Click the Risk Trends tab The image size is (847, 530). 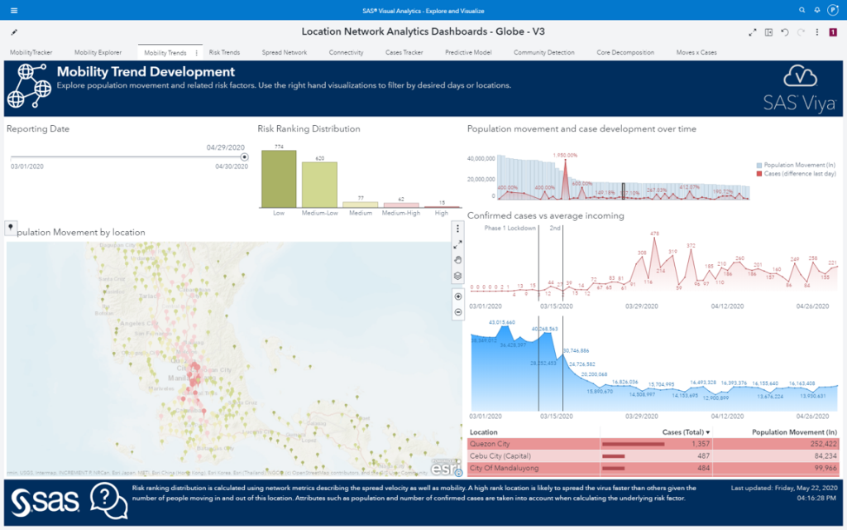(x=224, y=52)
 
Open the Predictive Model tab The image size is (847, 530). (x=468, y=52)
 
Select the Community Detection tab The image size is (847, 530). (x=543, y=52)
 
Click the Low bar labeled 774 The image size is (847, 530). (x=278, y=178)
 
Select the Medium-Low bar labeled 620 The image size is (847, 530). (x=318, y=184)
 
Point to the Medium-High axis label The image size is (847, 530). (x=401, y=213)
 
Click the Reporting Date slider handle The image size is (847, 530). (x=244, y=157)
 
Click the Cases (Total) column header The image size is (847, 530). (x=686, y=432)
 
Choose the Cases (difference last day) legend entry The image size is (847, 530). (x=797, y=173)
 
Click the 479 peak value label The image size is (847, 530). (x=654, y=234)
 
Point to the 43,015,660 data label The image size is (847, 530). (x=502, y=322)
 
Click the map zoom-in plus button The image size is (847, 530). (x=457, y=296)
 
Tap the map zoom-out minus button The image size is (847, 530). (x=457, y=312)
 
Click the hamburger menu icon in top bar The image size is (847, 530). (x=14, y=10)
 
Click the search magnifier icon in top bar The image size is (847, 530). (x=802, y=10)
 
